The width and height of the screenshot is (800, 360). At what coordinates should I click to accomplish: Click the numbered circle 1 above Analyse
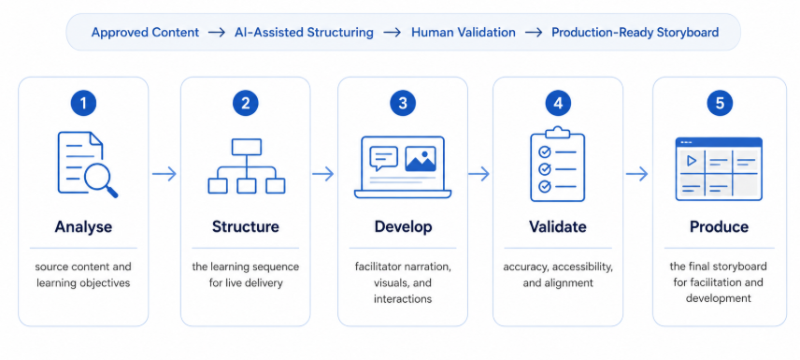[83, 104]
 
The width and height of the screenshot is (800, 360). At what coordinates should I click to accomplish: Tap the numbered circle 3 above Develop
[403, 104]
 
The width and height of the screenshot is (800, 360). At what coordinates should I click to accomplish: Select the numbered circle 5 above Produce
[720, 104]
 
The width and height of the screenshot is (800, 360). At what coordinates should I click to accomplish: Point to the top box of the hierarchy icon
[247, 147]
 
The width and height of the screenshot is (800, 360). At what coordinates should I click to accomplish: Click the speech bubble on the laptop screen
[384, 158]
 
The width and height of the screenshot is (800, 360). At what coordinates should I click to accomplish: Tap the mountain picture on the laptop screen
[421, 159]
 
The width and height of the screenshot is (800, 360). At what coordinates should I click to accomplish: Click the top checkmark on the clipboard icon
[545, 151]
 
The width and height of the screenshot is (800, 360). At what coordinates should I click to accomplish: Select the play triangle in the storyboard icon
[692, 161]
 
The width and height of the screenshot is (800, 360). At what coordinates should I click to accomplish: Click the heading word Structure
[246, 226]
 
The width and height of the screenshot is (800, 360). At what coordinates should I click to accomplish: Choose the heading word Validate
[558, 226]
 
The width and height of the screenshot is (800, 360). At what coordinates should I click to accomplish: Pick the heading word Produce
[720, 226]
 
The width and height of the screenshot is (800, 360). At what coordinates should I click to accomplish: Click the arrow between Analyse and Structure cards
[164, 174]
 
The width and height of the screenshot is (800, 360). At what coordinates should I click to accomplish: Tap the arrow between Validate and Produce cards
[637, 174]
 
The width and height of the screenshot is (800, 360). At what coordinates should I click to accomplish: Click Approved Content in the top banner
[145, 32]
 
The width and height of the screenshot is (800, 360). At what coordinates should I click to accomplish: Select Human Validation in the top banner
[464, 32]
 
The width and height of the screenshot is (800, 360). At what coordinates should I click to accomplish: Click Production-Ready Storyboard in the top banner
[636, 32]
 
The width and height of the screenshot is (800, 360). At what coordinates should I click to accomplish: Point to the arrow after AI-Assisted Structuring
[393, 32]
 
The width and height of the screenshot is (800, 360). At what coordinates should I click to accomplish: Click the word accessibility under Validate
[583, 267]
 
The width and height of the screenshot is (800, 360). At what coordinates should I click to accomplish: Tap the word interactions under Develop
[403, 298]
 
